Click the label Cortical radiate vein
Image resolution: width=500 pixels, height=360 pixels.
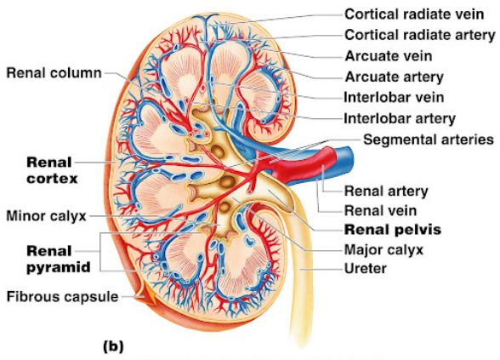pos(414,14)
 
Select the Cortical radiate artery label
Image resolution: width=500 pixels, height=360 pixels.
pos(420,35)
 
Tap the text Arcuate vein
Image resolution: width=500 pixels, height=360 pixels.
pos(389,56)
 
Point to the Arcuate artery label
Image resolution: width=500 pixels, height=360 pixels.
pos(395,77)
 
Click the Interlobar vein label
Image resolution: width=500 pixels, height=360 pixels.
pos(394,98)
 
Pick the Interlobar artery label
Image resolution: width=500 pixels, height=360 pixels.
pos(400,119)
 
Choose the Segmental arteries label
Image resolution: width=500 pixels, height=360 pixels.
pos(429,140)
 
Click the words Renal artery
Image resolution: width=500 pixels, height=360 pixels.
pos(386,191)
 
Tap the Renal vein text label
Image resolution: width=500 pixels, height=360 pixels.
pos(380,211)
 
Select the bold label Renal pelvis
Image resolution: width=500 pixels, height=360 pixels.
pos(393,230)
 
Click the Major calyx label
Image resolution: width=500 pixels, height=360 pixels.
pos(384,250)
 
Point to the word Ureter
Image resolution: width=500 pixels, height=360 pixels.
pos(366,269)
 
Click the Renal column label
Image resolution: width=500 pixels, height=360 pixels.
pos(54,73)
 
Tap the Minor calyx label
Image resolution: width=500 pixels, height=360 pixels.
pos(47,216)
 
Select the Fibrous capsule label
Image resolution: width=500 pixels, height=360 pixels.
pos(63,297)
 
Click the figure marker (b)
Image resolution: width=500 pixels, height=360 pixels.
pos(114,346)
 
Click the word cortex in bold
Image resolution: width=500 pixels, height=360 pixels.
pos(53,179)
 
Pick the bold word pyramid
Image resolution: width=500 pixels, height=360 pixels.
pos(59,267)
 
